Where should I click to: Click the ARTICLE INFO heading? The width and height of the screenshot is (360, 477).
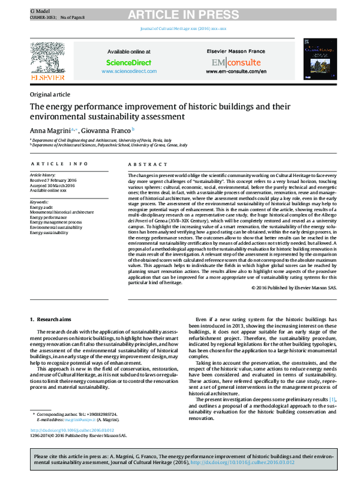pyautogui.click(x=59, y=163)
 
